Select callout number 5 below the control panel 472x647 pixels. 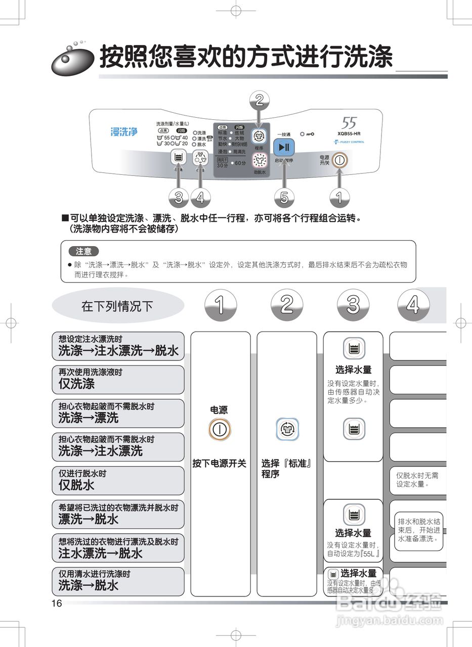click(284, 198)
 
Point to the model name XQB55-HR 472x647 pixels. click(349, 133)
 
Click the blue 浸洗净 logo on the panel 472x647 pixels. click(124, 132)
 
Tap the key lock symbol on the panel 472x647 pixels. click(307, 134)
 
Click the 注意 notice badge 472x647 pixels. click(83, 251)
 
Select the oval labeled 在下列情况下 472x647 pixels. click(118, 306)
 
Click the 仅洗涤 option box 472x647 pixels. click(118, 380)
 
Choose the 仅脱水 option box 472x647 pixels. click(118, 481)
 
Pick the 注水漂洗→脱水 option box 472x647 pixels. click(118, 548)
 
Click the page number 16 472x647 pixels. click(56, 603)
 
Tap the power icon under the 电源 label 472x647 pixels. click(220, 430)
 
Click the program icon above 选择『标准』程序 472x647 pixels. click(286, 430)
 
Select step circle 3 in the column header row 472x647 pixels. click(353, 305)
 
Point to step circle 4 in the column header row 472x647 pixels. click(413, 305)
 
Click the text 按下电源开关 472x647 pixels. click(220, 463)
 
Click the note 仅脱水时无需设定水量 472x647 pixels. click(417, 480)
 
